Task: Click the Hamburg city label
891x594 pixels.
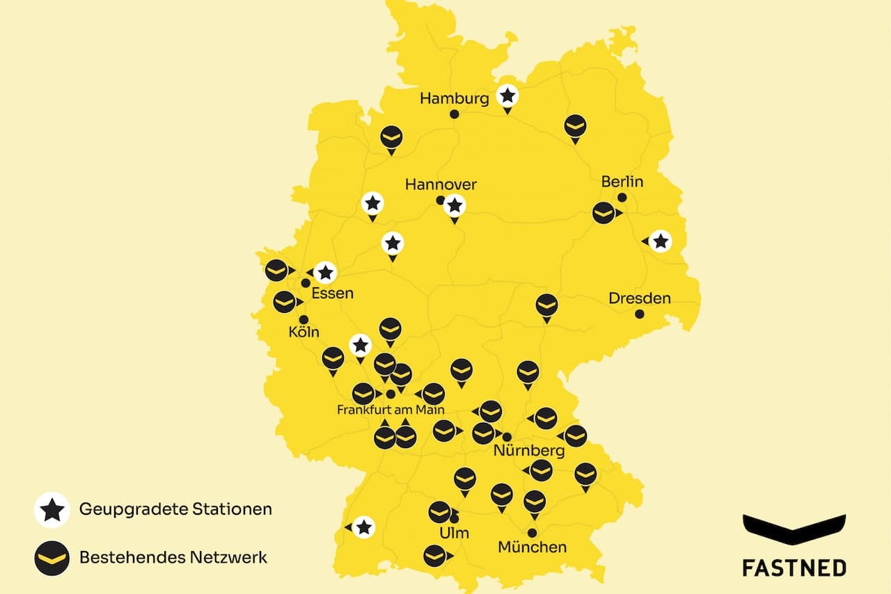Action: (x=455, y=98)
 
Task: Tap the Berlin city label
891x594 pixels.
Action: (x=622, y=182)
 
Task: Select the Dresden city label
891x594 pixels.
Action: (x=640, y=298)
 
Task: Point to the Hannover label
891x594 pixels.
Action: (x=441, y=184)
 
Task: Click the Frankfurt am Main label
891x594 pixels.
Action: (x=391, y=410)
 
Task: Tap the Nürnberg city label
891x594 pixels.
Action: (x=528, y=451)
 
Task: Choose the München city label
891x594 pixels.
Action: (x=533, y=547)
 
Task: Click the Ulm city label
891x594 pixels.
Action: (x=455, y=533)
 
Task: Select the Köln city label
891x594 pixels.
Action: (x=303, y=332)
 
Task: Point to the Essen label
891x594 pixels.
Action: (x=332, y=293)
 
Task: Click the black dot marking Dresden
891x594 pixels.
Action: (x=640, y=314)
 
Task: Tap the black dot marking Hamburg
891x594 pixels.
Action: (x=455, y=114)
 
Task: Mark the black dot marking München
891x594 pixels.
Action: (x=533, y=533)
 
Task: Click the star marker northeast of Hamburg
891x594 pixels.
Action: (x=508, y=95)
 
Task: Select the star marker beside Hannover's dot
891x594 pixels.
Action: (x=455, y=205)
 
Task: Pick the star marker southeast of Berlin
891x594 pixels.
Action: (x=661, y=241)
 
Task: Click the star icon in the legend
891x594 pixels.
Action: (x=52, y=510)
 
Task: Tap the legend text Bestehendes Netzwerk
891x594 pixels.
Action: (x=173, y=557)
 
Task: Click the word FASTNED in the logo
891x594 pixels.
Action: (x=794, y=568)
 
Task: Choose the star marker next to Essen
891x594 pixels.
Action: (x=324, y=273)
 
